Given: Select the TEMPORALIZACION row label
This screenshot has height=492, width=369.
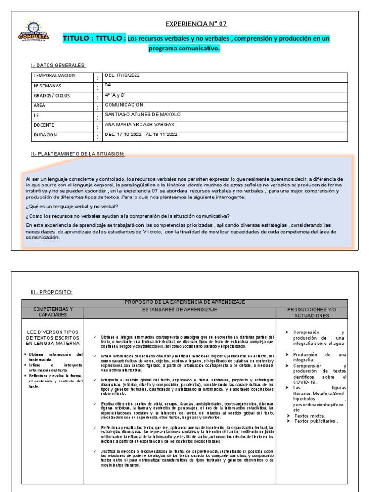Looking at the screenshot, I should click(54, 76).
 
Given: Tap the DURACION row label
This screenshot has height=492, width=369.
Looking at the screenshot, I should click(45, 135).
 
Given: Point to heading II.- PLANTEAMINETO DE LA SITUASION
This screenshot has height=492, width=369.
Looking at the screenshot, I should click(77, 154).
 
